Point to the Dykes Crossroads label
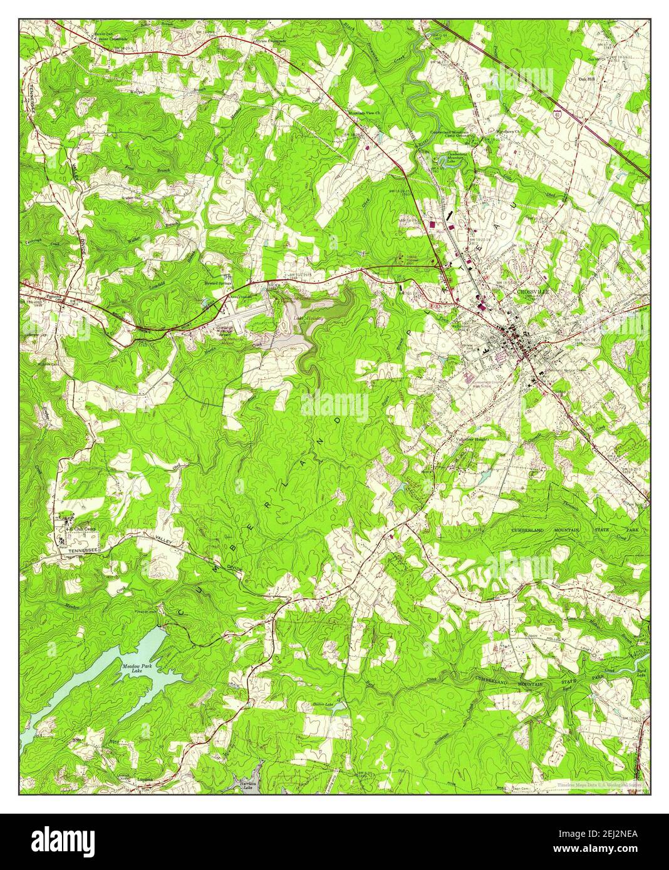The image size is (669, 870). (x=270, y=41)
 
